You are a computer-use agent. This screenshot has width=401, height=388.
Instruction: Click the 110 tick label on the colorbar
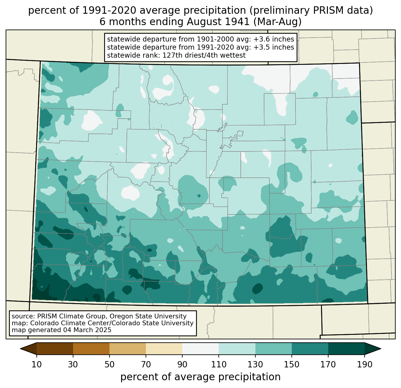point(219,364)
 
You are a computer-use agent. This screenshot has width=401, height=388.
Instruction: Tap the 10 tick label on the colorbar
point(36,364)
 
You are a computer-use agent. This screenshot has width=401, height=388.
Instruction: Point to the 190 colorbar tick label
point(365,364)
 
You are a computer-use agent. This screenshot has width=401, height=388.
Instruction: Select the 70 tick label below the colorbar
point(146,364)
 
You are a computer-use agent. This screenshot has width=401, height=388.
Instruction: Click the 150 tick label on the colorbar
point(292,364)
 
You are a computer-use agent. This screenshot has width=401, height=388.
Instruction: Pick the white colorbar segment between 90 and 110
point(200,349)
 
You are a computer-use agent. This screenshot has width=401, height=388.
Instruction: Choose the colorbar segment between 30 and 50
point(91,349)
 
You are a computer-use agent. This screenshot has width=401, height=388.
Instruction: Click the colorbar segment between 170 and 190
point(346,349)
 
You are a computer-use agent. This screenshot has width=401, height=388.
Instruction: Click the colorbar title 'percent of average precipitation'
point(200,377)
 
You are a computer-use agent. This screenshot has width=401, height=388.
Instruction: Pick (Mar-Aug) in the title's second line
point(277,22)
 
